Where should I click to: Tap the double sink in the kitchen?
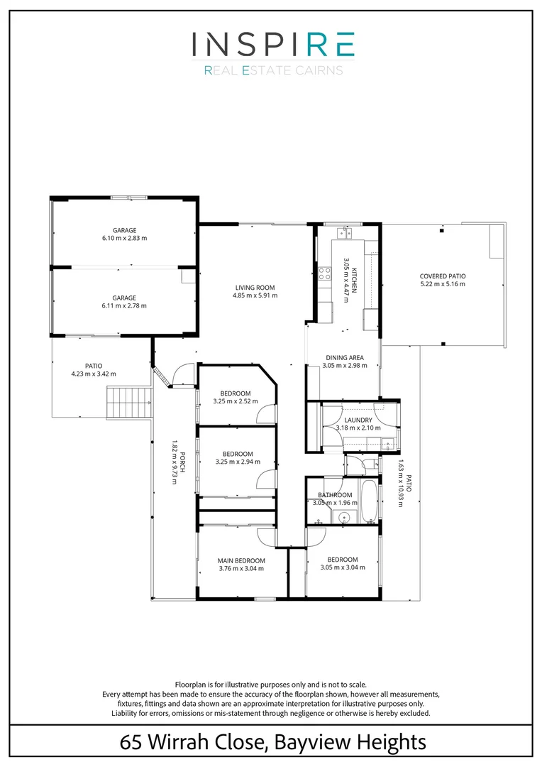[x=346, y=232]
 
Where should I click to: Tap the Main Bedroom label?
[x=241, y=560]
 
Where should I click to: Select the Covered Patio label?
[x=443, y=276]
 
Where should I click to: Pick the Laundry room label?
[x=358, y=420]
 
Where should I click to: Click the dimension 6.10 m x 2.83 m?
[x=124, y=238]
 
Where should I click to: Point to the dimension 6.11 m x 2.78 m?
[x=124, y=305]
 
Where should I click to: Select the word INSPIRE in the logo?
[x=273, y=44]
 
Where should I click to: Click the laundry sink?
[x=387, y=445]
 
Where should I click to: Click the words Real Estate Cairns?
[x=273, y=70]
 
